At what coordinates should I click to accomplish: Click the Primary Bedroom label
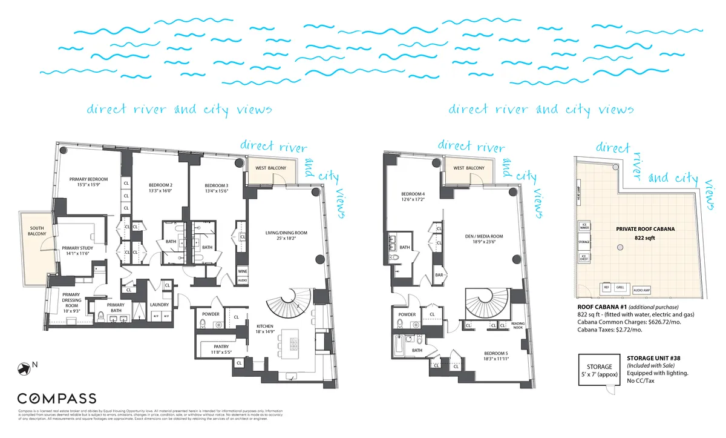click(x=88, y=179)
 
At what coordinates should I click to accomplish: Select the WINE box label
click(x=242, y=271)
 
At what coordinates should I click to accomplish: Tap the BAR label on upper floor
click(x=440, y=274)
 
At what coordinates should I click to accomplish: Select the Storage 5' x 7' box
click(x=598, y=370)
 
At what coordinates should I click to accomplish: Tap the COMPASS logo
click(x=56, y=398)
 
